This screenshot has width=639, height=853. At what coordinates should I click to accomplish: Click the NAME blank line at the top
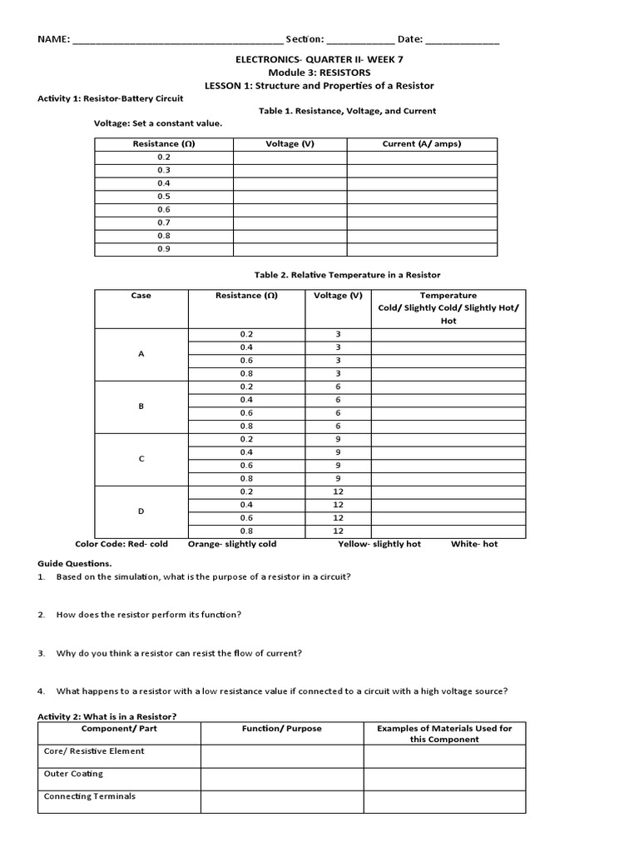click(x=177, y=40)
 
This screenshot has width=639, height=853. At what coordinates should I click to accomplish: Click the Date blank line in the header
click(x=463, y=40)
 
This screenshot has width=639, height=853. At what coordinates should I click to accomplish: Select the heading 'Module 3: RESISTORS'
click(x=319, y=72)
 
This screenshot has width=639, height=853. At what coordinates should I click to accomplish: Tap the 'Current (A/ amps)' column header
click(x=421, y=144)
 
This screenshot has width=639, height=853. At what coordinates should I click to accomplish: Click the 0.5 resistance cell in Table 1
click(x=163, y=197)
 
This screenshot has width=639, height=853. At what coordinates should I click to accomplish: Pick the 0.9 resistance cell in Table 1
click(x=163, y=248)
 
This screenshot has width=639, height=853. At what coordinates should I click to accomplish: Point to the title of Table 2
click(x=347, y=275)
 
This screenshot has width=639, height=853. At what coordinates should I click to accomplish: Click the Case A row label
click(x=141, y=354)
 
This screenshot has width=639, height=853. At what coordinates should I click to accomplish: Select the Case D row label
click(x=141, y=511)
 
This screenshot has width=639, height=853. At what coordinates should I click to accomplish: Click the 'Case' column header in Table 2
click(x=141, y=296)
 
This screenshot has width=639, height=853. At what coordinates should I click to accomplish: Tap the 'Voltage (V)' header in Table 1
click(x=290, y=144)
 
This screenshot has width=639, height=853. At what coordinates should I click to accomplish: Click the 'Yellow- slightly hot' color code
click(x=379, y=544)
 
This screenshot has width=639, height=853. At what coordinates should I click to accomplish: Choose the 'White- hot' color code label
click(x=474, y=544)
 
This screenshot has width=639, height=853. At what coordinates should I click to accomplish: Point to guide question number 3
click(x=179, y=653)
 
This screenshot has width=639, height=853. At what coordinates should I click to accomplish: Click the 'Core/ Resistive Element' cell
click(x=94, y=751)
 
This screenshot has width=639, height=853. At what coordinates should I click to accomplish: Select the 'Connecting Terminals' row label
click(x=90, y=796)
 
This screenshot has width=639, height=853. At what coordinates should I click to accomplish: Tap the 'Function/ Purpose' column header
click(x=281, y=729)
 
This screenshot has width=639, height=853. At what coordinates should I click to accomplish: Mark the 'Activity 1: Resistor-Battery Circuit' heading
click(x=111, y=98)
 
